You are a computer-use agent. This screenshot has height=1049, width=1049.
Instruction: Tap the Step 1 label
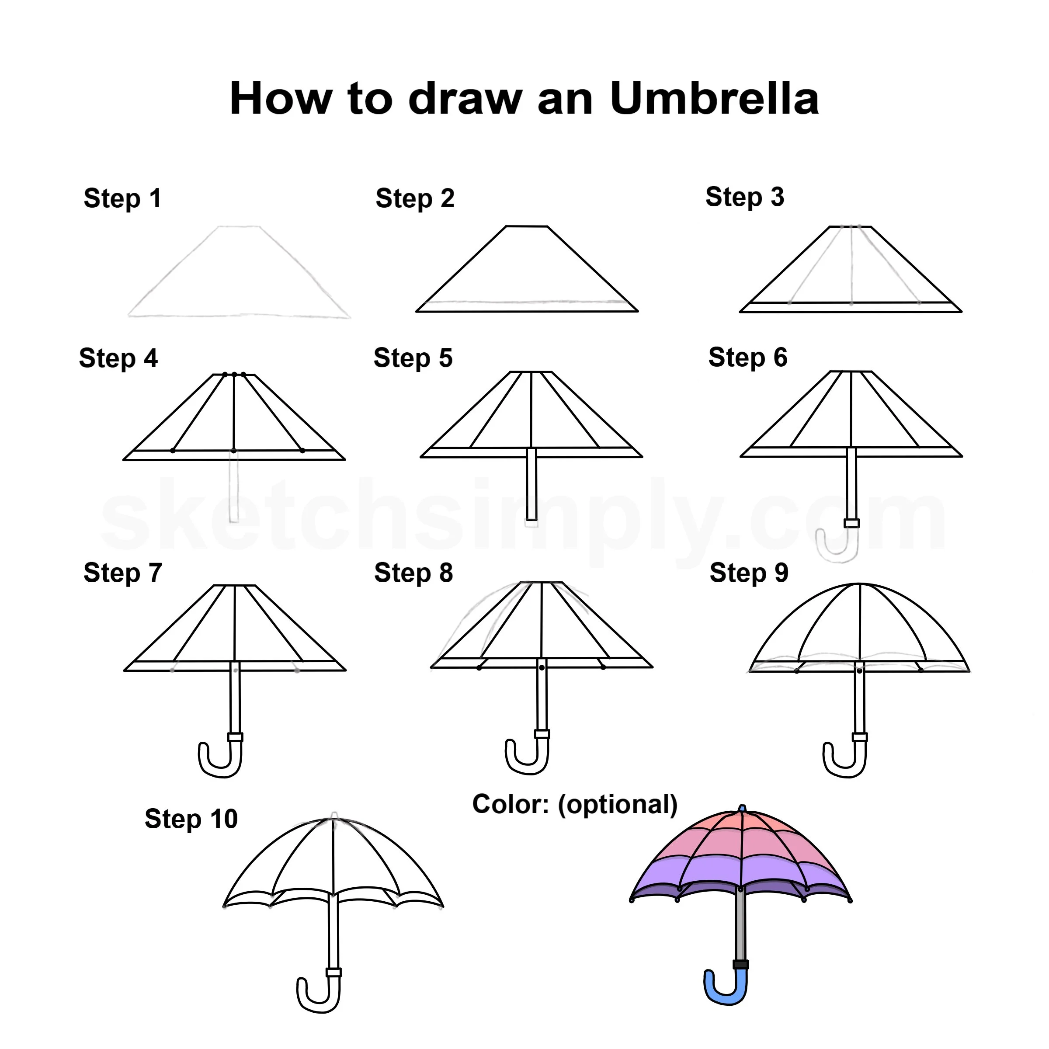coord(123,199)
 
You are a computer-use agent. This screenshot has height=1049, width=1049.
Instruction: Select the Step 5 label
coord(413,358)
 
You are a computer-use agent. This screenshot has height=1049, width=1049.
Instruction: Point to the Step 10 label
coord(191,819)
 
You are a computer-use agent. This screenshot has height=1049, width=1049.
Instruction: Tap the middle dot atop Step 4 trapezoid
coord(234,374)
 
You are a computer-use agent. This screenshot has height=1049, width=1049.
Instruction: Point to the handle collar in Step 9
coord(859,737)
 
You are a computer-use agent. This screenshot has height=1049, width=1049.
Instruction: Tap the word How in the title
coord(280,99)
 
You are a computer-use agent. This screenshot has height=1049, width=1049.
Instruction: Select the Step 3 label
coord(744,197)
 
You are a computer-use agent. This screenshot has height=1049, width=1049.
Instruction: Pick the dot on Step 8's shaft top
coord(542,667)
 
